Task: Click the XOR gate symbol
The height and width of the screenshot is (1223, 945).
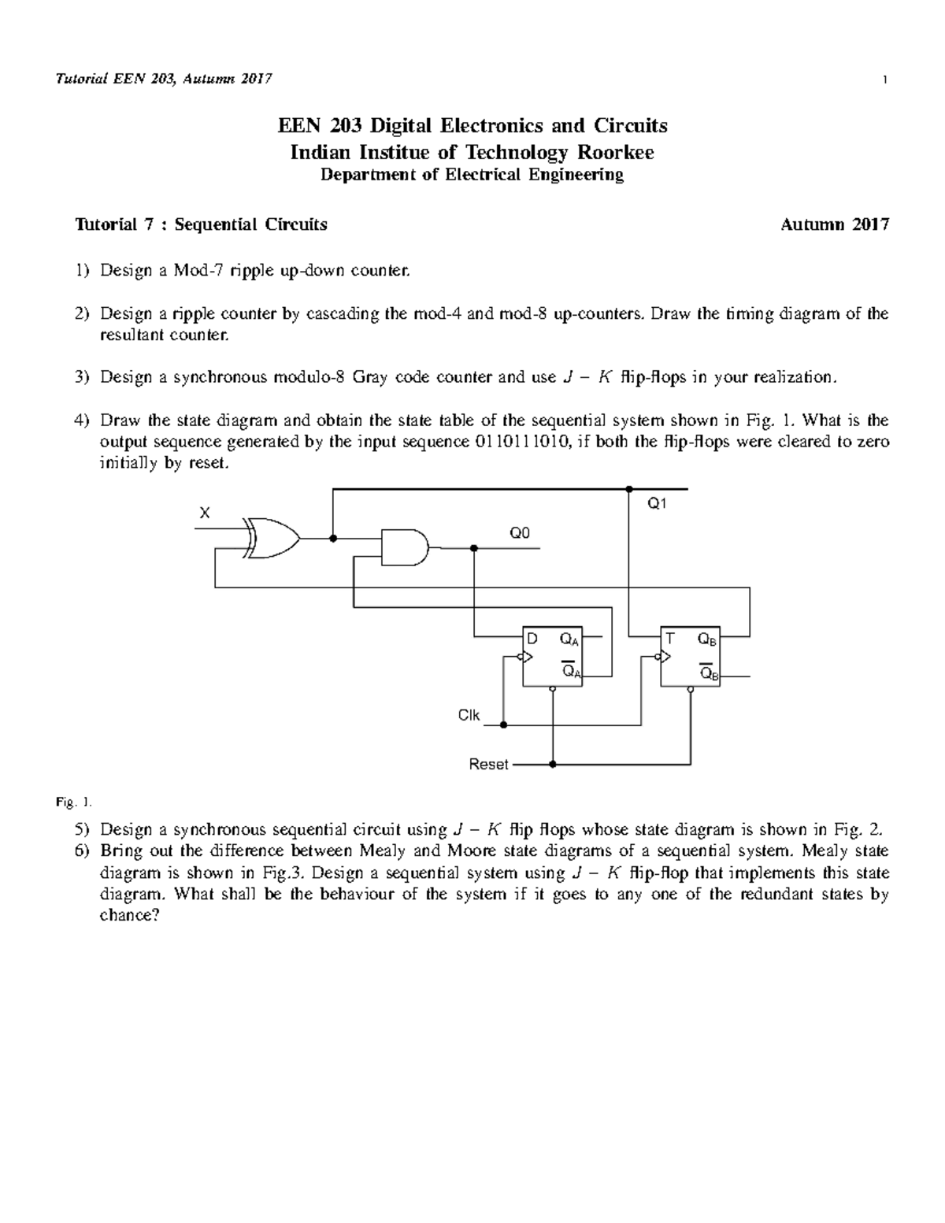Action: (272, 539)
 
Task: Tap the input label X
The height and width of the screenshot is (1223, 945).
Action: (205, 513)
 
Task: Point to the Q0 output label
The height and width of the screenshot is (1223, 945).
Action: (520, 533)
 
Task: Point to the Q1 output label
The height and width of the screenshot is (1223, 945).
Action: (657, 503)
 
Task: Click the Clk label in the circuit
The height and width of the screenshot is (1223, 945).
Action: (469, 715)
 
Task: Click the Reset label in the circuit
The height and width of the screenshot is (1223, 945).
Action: (488, 764)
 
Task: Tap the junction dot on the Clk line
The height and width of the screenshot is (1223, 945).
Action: (503, 725)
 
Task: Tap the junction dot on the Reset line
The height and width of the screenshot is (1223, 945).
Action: (553, 764)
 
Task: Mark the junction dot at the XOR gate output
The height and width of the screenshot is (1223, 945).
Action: (333, 539)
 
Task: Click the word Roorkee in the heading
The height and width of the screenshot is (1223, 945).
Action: (617, 152)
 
